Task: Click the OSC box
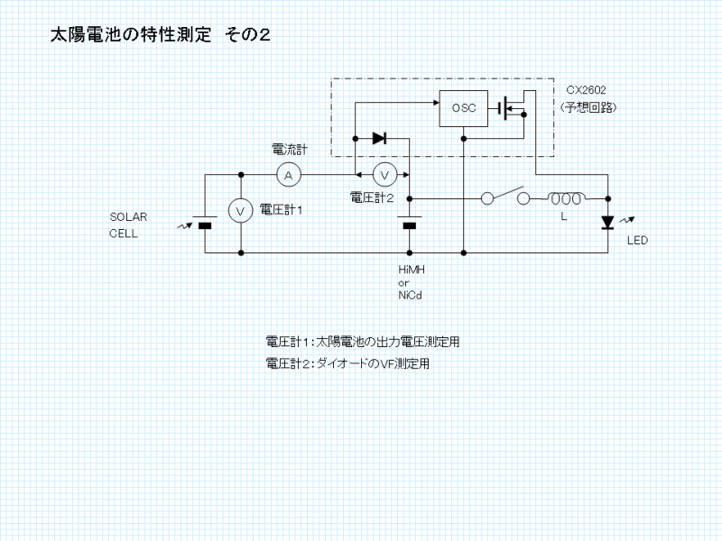463,109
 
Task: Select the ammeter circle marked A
288,174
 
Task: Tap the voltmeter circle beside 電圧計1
241,210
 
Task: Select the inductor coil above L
567,197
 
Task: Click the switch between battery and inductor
505,197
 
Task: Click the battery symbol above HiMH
410,224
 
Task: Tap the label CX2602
586,91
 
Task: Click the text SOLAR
128,217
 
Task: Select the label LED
638,241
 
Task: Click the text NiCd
411,296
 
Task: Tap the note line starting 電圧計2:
347,364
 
